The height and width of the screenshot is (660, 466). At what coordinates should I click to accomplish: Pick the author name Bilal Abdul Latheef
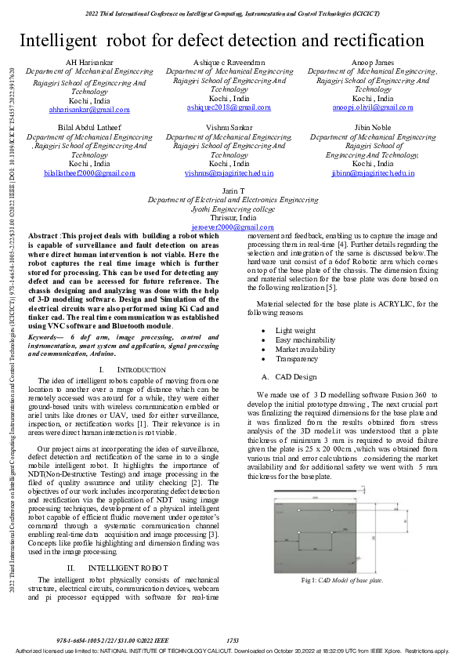90,127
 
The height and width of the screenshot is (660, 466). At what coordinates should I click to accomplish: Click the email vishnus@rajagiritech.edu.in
229,172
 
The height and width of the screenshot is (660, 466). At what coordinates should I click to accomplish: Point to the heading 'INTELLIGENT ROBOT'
128,546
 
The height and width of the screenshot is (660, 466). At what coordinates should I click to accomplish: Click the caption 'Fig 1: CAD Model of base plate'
342,580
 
